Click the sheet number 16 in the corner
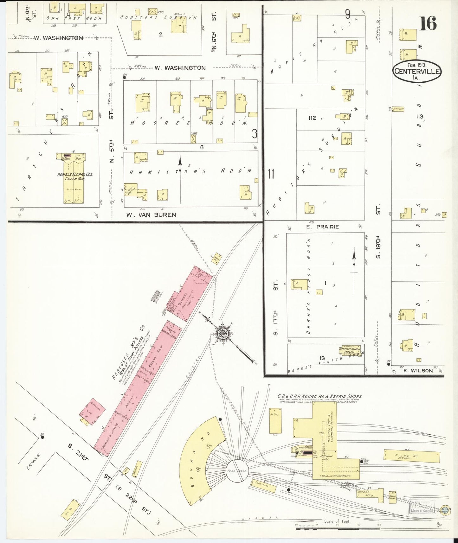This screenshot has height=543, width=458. coord(428,23)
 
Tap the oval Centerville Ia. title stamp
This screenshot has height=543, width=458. coord(417,71)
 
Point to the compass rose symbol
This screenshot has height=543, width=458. coord(224,333)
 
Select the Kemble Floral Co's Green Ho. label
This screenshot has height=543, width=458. coord(75,176)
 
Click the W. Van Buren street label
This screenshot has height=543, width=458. coord(151,215)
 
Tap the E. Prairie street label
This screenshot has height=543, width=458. coord(322,227)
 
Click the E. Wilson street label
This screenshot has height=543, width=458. coord(418,370)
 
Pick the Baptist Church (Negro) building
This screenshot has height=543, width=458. coord(350,351)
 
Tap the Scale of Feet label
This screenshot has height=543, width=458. coord(337,521)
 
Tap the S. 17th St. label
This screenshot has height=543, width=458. coord(276,307)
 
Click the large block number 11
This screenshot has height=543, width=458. coord(271,174)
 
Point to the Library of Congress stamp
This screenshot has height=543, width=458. coord(422,506)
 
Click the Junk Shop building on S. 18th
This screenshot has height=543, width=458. coord(398,109)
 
